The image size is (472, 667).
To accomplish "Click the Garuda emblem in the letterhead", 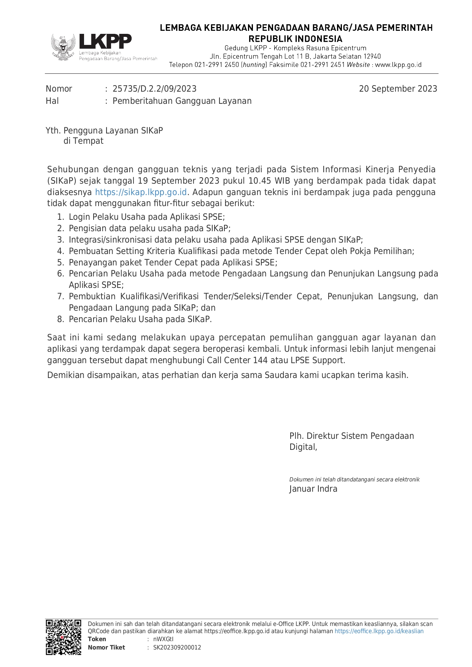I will (x=63, y=47).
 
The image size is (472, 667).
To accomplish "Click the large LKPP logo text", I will (x=105, y=41).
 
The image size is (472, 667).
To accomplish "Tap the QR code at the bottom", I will (x=64, y=637).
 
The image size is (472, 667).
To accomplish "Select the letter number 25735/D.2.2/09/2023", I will (x=154, y=89).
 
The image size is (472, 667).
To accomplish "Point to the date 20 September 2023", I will (x=398, y=89).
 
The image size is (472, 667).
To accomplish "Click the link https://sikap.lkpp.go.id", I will (x=141, y=192).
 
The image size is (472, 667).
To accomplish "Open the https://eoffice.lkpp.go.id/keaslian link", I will (x=379, y=631).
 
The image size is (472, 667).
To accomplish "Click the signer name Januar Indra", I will (x=313, y=489).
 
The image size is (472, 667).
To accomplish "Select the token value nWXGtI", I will (x=163, y=639).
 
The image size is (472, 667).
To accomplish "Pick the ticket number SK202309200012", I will (x=177, y=648).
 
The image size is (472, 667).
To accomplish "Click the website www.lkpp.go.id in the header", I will (x=398, y=65).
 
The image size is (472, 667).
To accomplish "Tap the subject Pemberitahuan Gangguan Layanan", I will (x=182, y=101).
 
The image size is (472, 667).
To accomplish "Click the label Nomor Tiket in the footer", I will (x=106, y=648).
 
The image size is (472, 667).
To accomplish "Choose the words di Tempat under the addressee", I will (x=83, y=141).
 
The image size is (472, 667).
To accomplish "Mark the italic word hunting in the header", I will (x=254, y=65).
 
